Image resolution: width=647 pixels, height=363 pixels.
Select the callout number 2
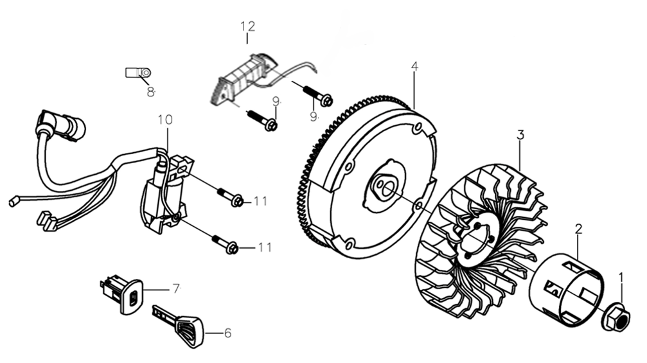pyautogui.click(x=578, y=229)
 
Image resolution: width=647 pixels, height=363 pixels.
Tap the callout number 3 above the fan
pyautogui.click(x=520, y=135)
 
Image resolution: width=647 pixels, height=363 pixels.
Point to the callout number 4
pyautogui.click(x=414, y=66)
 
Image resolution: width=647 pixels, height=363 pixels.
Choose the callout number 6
pyautogui.click(x=227, y=333)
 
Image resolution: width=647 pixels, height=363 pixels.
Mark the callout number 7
pyautogui.click(x=175, y=288)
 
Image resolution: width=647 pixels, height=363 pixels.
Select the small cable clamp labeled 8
pyautogui.click(x=138, y=73)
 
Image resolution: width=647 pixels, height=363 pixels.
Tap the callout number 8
pyautogui.click(x=150, y=92)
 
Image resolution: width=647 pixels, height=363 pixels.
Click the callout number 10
pyautogui.click(x=164, y=120)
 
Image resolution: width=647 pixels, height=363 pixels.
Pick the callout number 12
pyautogui.click(x=247, y=26)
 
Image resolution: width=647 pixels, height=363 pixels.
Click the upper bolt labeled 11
pyautogui.click(x=230, y=197)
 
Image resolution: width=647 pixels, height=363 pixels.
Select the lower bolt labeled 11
pyautogui.click(x=226, y=243)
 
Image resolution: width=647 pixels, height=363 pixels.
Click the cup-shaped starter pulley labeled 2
pyautogui.click(x=566, y=288)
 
